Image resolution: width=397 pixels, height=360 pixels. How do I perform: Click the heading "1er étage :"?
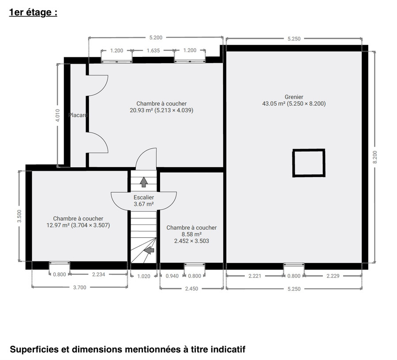[x=33, y=12]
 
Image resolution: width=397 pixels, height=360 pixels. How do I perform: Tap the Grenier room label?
[x=294, y=97]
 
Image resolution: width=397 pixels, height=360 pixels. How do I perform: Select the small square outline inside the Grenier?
[x=309, y=163]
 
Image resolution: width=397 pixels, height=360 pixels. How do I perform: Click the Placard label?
[x=78, y=115]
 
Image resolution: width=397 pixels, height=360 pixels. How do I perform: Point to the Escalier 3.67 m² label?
[x=144, y=201]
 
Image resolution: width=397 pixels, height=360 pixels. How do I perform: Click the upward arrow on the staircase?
[x=144, y=181]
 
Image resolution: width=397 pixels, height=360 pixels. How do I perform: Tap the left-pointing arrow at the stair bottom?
[x=150, y=250]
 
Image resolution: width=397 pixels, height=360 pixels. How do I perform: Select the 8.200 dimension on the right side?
[x=375, y=157]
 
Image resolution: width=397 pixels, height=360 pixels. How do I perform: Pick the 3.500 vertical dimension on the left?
[x=19, y=217]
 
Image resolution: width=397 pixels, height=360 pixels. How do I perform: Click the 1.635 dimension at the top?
[x=153, y=51]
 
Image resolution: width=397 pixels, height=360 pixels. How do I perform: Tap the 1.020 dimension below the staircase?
[x=144, y=276]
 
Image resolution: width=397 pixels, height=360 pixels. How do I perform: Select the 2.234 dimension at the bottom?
[x=98, y=274]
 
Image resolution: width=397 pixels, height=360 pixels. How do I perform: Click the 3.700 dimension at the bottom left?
[x=79, y=287]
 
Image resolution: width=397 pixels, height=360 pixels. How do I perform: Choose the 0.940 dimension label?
[x=172, y=276]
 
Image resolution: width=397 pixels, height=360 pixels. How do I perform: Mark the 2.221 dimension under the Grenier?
[x=255, y=276]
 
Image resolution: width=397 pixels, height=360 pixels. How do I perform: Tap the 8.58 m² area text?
[x=192, y=234]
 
